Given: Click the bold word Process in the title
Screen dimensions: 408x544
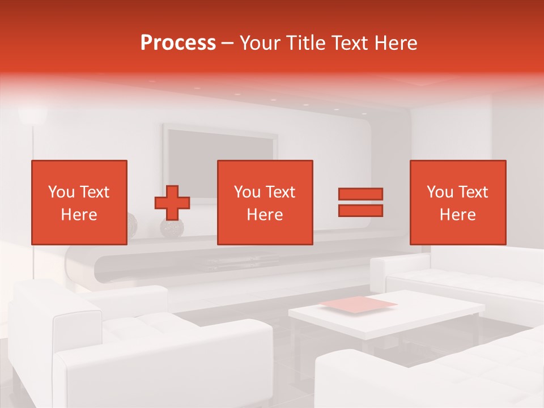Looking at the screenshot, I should pyautogui.click(x=178, y=43).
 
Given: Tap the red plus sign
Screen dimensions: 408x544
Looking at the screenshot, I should pyautogui.click(x=172, y=203).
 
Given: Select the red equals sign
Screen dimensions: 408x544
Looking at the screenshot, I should pyautogui.click(x=360, y=202).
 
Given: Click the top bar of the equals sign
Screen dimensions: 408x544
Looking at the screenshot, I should pyautogui.click(x=360, y=194).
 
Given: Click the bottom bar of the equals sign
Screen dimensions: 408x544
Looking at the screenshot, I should pyautogui.click(x=360, y=210).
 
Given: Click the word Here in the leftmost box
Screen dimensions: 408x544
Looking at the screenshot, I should pyautogui.click(x=79, y=215).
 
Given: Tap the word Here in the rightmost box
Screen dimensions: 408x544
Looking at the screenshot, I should pyautogui.click(x=457, y=215).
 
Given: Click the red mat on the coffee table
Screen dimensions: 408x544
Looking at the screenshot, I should pyautogui.click(x=359, y=304).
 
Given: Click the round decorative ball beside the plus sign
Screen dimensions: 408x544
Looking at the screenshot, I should pyautogui.click(x=172, y=228).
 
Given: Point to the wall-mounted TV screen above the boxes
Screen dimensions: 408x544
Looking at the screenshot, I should pyautogui.click(x=221, y=144).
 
